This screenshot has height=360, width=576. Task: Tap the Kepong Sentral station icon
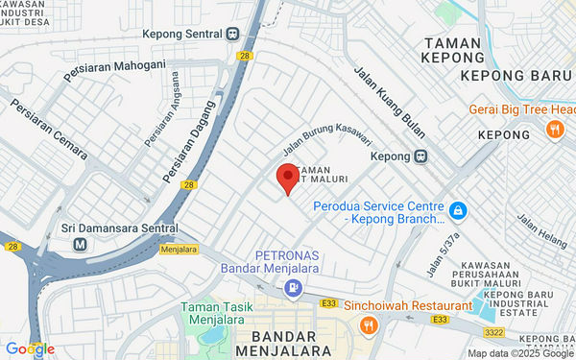click(233, 35)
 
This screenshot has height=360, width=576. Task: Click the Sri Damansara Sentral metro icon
click(80, 245)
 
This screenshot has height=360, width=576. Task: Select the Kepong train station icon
click(420, 156)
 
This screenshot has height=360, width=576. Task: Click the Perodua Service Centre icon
click(459, 208)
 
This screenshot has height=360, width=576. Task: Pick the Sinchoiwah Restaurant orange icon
click(368, 325)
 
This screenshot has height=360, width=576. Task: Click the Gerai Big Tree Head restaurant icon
click(554, 128)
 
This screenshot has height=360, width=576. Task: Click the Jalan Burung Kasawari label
click(326, 145)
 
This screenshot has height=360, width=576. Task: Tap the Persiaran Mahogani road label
click(114, 70)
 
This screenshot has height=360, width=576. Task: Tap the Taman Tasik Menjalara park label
click(220, 313)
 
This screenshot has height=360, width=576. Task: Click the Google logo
click(30, 348)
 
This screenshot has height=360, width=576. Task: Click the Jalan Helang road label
click(542, 233)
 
